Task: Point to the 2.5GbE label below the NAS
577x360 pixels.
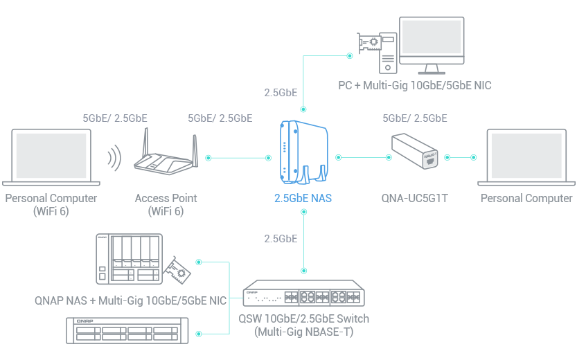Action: (x=281, y=239)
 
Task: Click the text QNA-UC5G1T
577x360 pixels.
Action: (x=415, y=199)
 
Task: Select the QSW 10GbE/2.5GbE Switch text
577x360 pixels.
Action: (x=303, y=319)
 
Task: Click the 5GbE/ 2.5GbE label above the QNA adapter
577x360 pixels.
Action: (x=415, y=118)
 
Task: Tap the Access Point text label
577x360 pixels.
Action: (x=166, y=199)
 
